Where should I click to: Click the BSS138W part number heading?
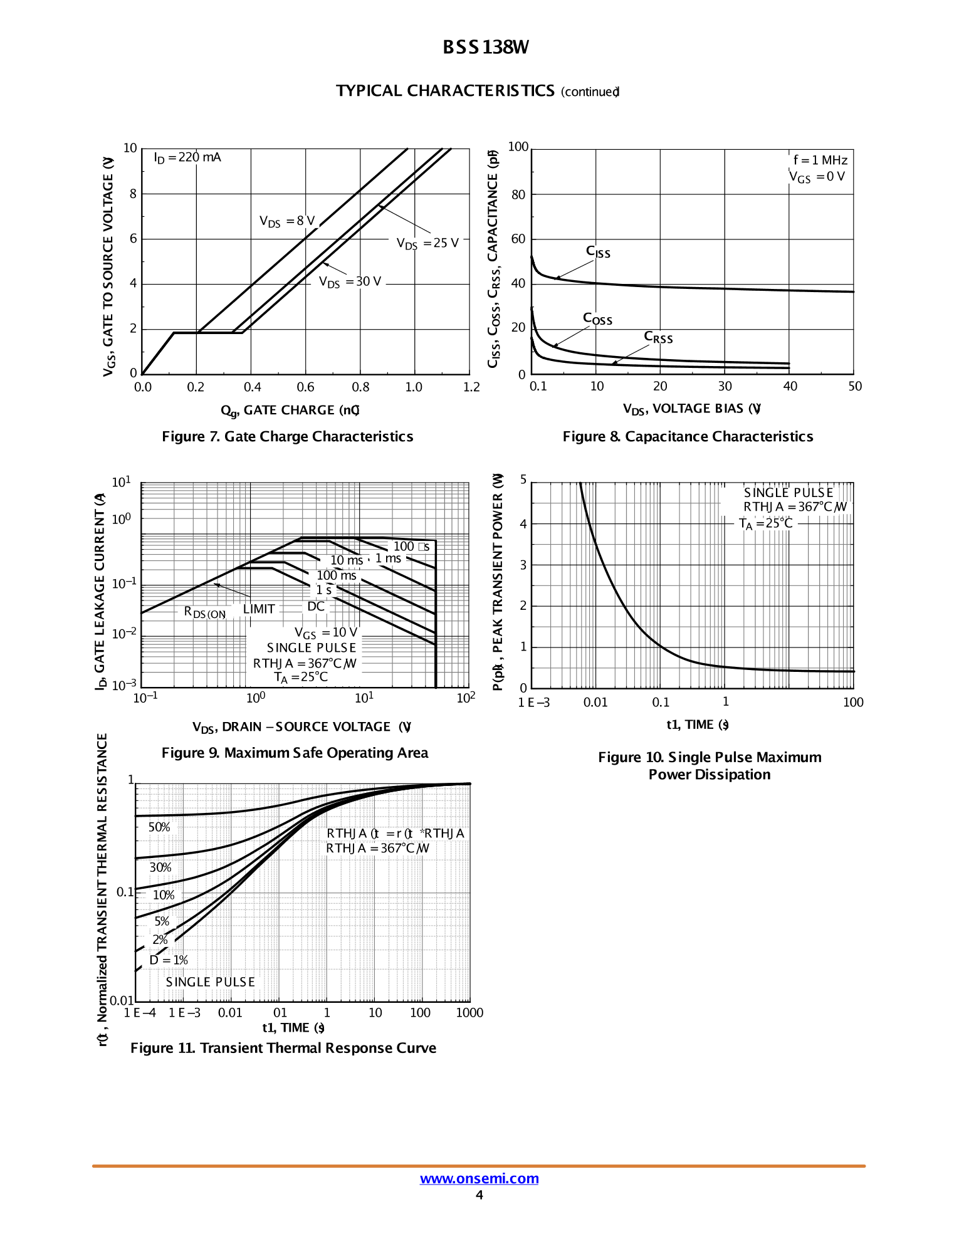point(486,48)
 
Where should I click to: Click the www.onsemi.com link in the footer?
point(479,1178)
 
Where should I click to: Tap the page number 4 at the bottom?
point(479,1195)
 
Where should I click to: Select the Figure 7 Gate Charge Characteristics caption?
point(288,437)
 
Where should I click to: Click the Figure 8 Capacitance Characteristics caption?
point(688,437)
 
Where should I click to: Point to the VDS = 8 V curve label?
point(287,221)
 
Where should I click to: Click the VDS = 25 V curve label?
point(427,243)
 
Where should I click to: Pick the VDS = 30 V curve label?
point(350,282)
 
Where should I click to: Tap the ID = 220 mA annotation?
point(187,157)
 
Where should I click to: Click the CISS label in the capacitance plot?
point(598,252)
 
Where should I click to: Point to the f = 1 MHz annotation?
point(820,160)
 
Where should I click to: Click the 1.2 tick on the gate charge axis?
point(471,387)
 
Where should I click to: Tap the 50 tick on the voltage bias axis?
point(855,387)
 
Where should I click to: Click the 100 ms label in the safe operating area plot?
point(336,575)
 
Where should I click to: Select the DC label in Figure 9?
point(316,606)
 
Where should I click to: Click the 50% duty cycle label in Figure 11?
point(159,827)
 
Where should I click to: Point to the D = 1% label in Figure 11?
point(169,960)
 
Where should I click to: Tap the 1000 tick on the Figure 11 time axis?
point(469,1013)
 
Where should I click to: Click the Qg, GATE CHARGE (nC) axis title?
point(290,411)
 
